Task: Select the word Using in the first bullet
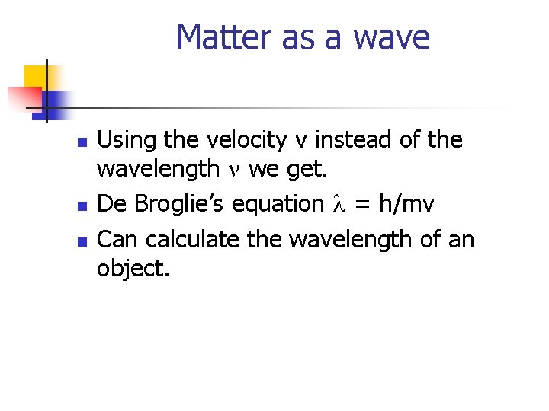coord(125,140)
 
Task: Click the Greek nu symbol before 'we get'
coord(234,170)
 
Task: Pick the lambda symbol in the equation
coord(340,204)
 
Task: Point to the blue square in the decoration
coord(55,100)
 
